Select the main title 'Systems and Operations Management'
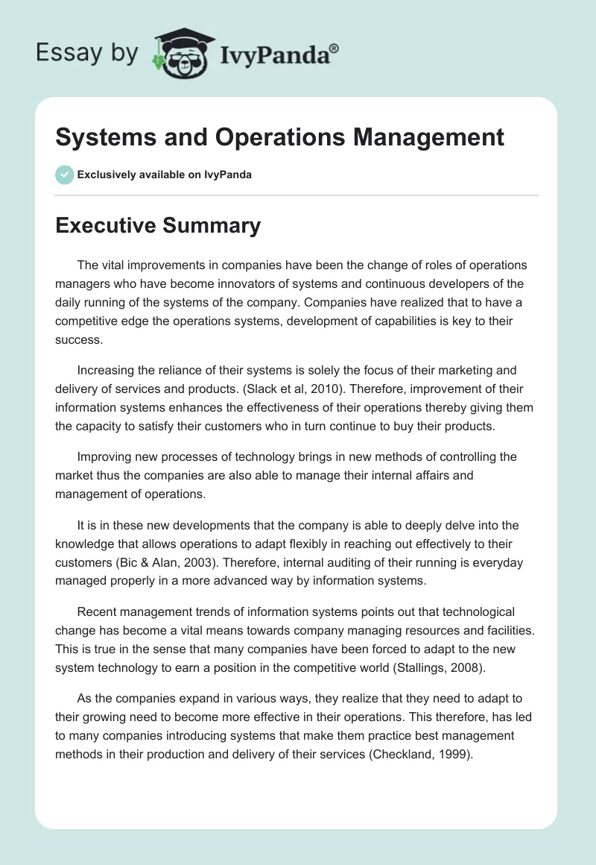click(x=279, y=137)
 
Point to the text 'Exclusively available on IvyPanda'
click(x=164, y=174)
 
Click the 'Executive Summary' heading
click(x=158, y=225)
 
